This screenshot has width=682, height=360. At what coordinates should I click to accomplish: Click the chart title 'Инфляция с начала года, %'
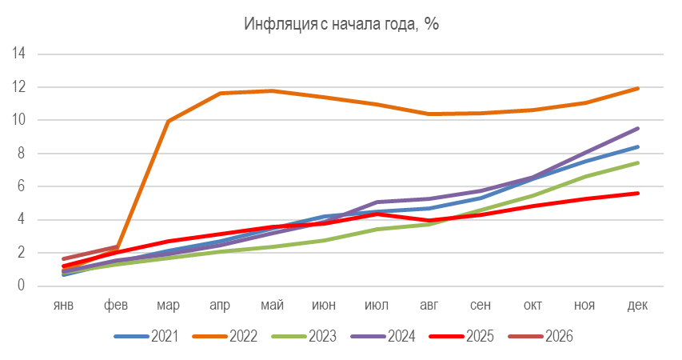(x=341, y=25)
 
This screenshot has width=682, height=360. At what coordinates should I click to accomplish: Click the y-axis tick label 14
(x=20, y=54)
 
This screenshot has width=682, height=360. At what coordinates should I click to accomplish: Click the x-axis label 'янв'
(x=64, y=304)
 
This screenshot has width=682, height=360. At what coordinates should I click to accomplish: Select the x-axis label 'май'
(x=273, y=304)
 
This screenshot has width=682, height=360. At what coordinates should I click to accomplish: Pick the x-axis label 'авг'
(x=429, y=304)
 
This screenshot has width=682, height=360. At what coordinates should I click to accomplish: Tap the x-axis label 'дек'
(x=638, y=304)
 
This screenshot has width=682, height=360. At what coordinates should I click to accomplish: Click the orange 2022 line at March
(x=168, y=122)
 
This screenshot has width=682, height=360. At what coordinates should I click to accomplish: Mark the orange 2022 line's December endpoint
(x=638, y=88)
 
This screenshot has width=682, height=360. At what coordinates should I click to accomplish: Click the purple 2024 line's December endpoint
(x=638, y=128)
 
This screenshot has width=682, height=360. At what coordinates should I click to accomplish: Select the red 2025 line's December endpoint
(x=638, y=193)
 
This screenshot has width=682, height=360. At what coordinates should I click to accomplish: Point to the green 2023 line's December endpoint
(x=638, y=162)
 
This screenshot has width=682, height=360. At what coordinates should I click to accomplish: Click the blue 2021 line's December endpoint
(x=638, y=146)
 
